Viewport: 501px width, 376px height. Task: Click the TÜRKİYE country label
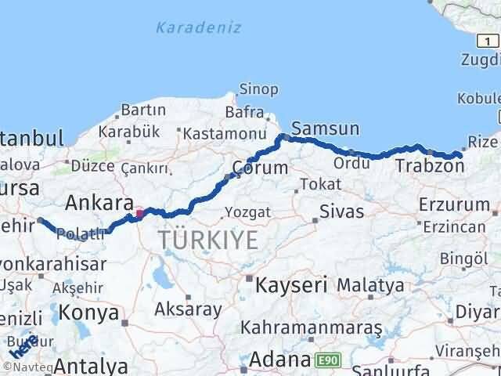click(x=207, y=239)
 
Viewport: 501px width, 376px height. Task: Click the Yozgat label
click(x=247, y=211)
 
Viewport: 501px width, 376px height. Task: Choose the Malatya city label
click(x=371, y=284)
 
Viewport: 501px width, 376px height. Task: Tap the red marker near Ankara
click(x=139, y=212)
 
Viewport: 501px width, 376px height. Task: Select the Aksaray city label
click(x=188, y=309)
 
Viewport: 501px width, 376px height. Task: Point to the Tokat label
click(x=324, y=184)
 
